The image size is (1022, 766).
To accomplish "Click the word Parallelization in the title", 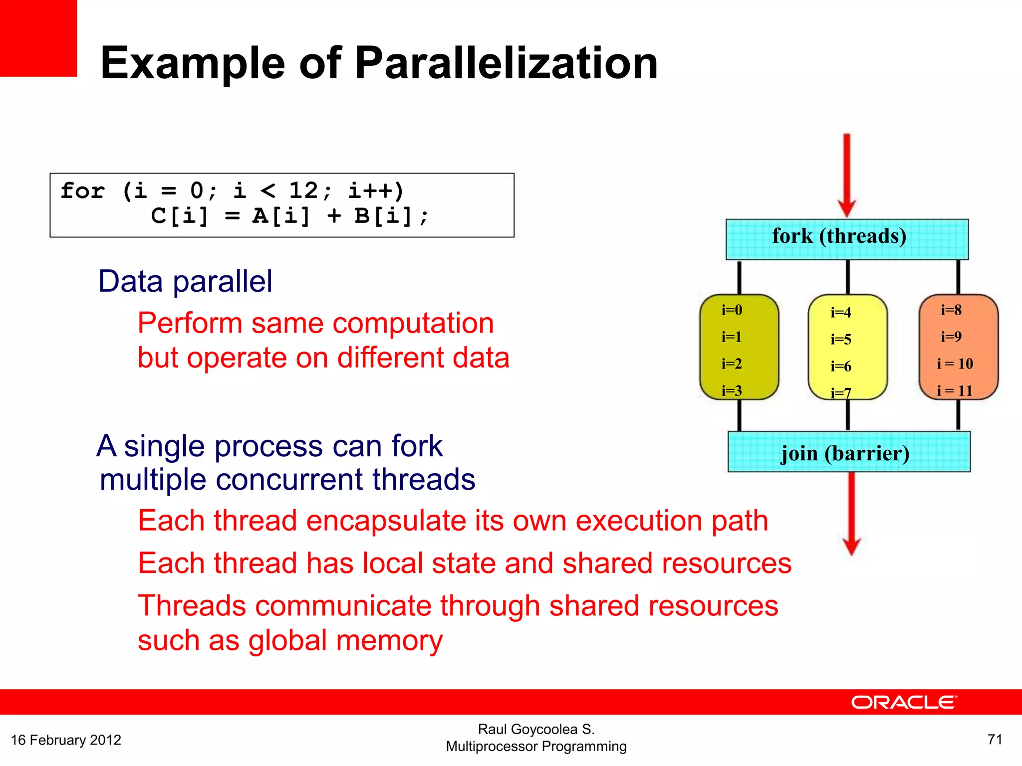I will click(x=506, y=63).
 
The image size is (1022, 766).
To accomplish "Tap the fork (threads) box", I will click(x=847, y=239).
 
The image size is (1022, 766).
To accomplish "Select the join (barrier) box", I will click(x=849, y=452).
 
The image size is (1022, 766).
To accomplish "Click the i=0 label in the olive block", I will click(x=732, y=310).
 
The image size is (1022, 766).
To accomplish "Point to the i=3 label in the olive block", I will click(x=732, y=390).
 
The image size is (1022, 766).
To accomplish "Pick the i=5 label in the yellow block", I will click(x=840, y=339).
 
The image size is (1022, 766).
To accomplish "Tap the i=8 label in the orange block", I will click(x=951, y=310).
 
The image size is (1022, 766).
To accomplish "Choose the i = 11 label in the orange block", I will click(x=955, y=390).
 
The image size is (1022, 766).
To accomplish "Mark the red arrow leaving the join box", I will click(x=851, y=514).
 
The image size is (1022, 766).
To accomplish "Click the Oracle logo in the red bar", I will click(x=904, y=702).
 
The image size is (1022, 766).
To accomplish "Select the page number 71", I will click(x=995, y=739).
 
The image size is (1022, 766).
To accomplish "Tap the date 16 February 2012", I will click(x=66, y=740).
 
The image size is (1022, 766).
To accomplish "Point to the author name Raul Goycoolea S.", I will click(x=536, y=729).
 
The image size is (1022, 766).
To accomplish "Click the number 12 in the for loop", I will click(x=303, y=191).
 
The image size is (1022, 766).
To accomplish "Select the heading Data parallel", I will click(x=185, y=281).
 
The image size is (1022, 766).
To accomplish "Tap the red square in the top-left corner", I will click(x=38, y=38).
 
